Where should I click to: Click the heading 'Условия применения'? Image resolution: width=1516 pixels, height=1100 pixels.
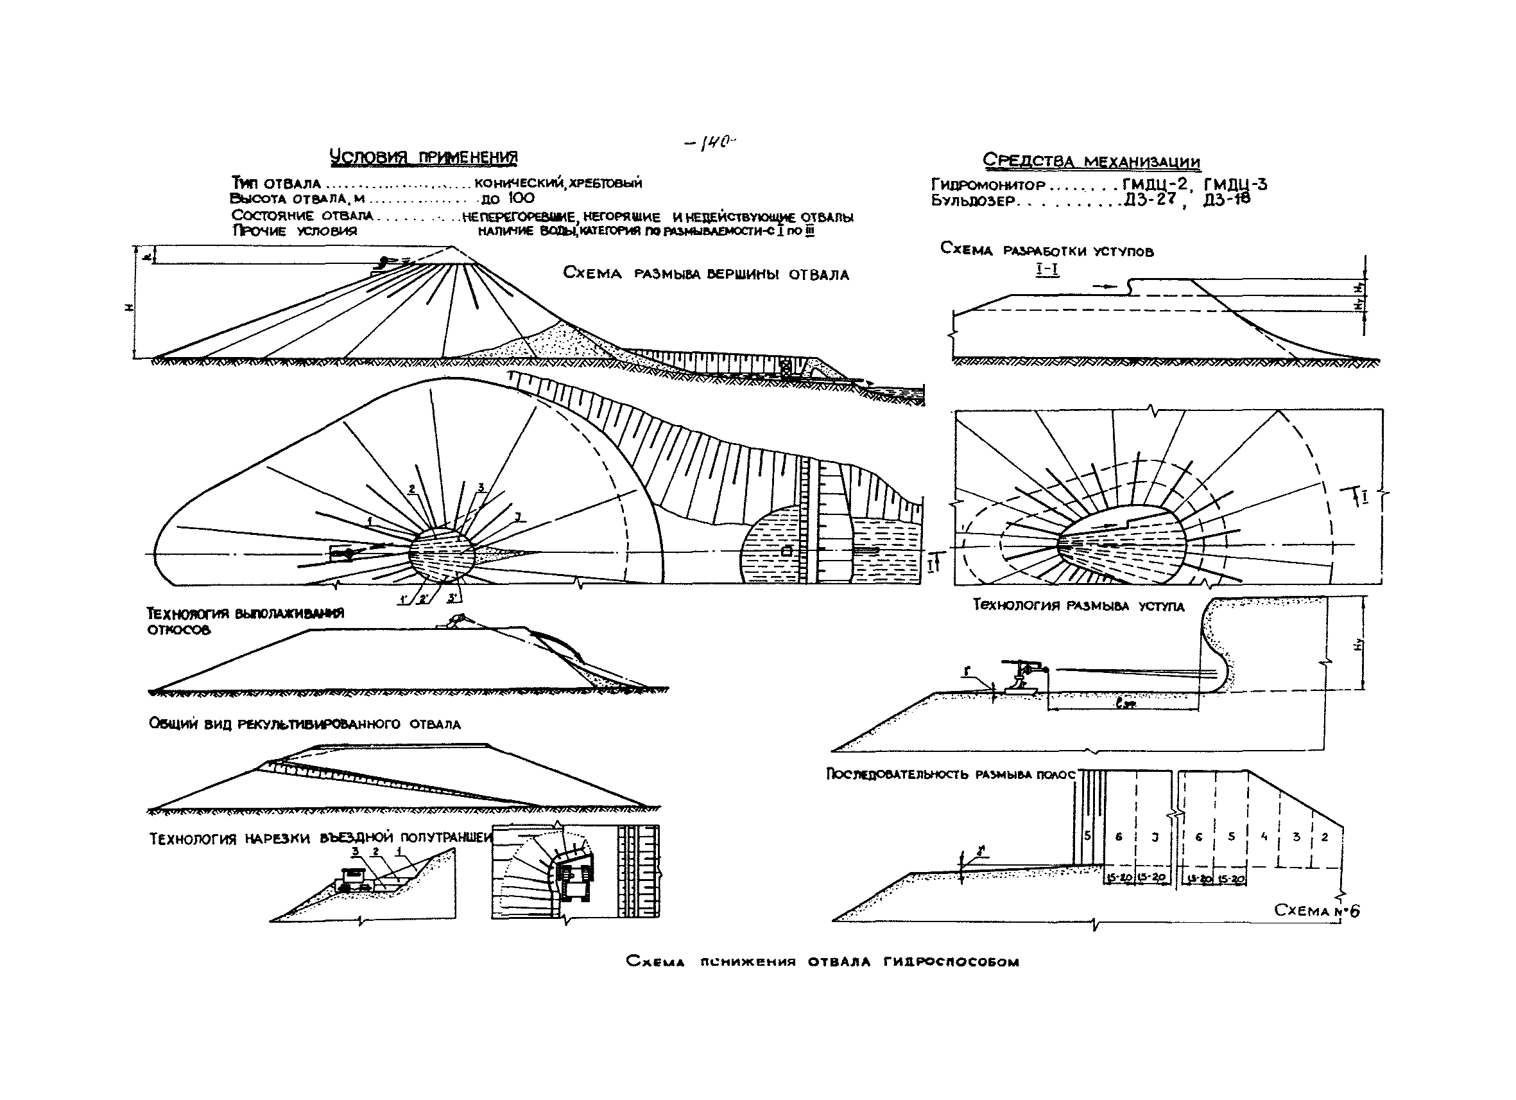tap(424, 158)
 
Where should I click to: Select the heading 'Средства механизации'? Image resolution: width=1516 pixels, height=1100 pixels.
tap(1091, 161)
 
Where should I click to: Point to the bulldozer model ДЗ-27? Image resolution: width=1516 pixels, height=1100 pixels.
tap(1150, 199)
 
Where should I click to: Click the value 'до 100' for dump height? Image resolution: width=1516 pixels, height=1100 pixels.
tap(507, 198)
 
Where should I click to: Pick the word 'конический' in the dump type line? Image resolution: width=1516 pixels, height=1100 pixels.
tap(518, 182)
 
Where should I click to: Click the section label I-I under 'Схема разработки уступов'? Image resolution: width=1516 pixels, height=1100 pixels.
tap(1047, 270)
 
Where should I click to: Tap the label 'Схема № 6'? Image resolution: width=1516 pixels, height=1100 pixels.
tap(1316, 911)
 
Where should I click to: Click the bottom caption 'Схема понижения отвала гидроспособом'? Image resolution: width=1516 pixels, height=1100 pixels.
tap(822, 961)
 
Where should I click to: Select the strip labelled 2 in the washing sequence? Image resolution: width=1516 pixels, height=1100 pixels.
tap(1325, 837)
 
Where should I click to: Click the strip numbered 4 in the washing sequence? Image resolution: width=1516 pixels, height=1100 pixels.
tap(1263, 837)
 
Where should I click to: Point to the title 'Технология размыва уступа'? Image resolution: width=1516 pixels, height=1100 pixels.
tap(1078, 606)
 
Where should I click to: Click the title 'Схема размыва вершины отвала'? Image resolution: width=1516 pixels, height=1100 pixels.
tap(705, 274)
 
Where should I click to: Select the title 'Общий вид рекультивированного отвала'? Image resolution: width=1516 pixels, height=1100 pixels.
tap(305, 724)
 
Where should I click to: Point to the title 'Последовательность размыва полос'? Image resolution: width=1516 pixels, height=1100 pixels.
tap(951, 774)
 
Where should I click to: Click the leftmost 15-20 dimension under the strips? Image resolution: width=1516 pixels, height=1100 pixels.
tap(1119, 879)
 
